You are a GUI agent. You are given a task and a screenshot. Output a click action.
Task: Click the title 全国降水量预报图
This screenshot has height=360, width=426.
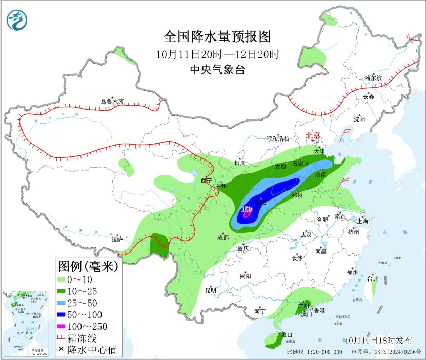click(217, 37)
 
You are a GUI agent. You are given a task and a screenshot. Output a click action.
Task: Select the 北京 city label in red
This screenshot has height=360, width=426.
click(313, 135)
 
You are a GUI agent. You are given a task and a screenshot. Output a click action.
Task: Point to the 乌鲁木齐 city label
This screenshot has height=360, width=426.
click(112, 102)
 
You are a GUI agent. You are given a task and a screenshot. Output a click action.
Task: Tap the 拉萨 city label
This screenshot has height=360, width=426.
click(117, 239)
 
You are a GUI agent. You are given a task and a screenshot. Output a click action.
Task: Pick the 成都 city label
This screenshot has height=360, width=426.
click(222, 237)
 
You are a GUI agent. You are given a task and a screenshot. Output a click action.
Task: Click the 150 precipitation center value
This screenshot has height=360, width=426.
click(246, 210)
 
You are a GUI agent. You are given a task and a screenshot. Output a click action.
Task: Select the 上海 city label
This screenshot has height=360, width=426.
click(363, 221)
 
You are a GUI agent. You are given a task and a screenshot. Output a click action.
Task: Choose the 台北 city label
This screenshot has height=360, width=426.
click(372, 279)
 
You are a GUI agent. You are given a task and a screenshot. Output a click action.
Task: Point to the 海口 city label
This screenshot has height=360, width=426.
click(287, 335)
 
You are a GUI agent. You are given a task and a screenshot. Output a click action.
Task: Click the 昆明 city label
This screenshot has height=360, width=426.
click(211, 290)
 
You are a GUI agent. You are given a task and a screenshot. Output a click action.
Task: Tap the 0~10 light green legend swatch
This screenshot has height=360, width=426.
click(66, 279)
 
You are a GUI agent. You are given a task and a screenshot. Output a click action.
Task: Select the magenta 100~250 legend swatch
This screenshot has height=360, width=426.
click(66, 326)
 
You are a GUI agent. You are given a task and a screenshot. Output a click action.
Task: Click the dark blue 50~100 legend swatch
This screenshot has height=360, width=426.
click(66, 314)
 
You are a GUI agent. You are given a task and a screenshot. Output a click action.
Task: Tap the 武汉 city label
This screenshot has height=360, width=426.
click(307, 234)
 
